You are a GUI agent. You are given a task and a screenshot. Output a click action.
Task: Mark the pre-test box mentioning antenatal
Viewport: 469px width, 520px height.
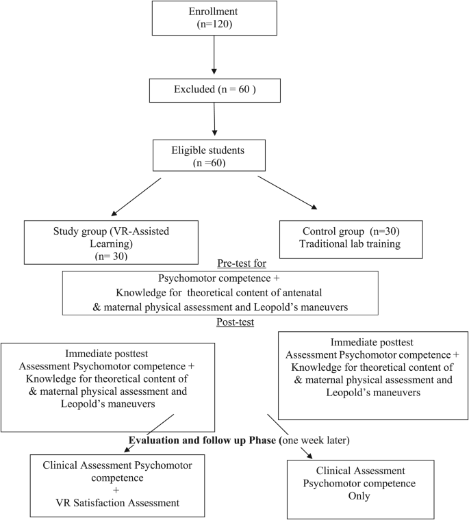click(219, 293)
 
